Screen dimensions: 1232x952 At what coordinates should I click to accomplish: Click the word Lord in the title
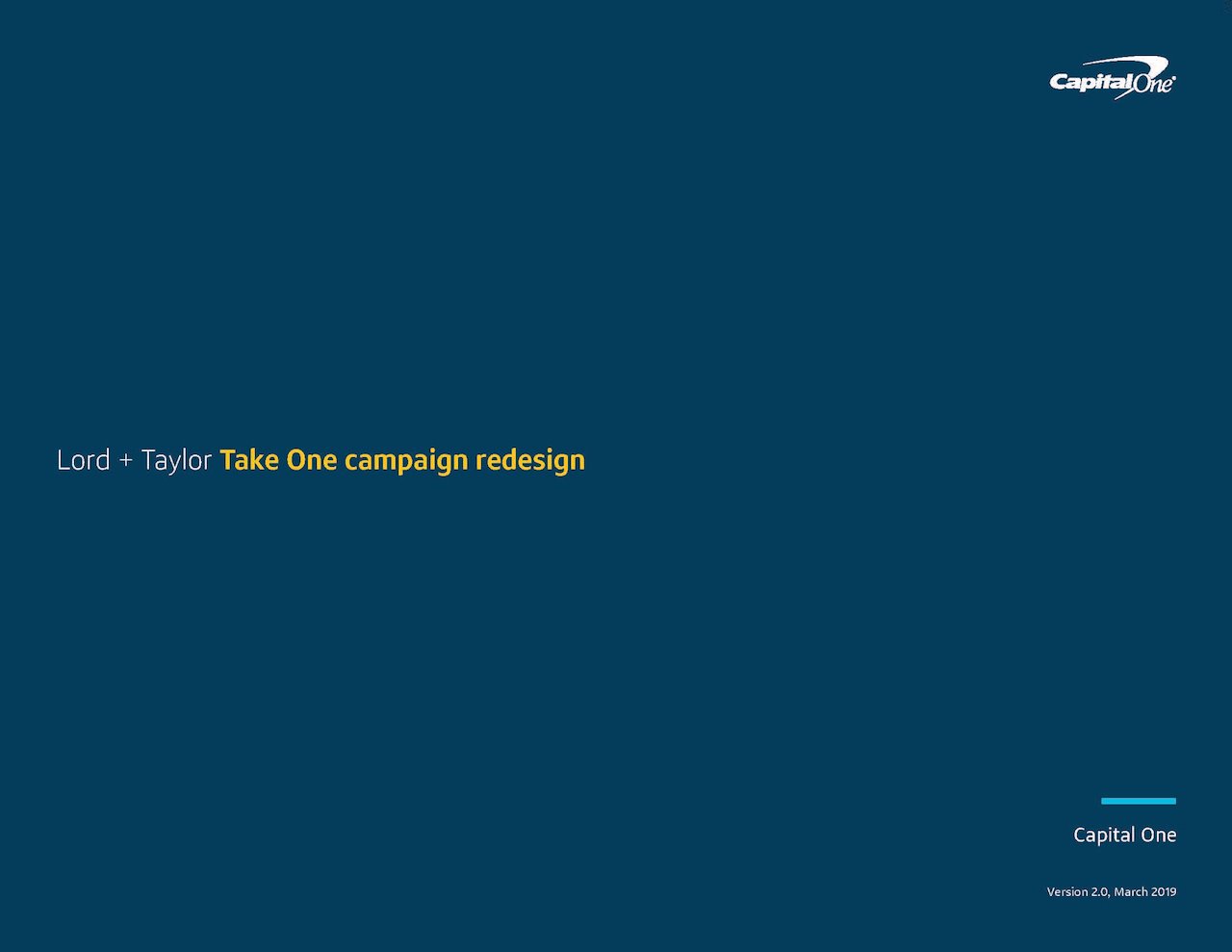84,460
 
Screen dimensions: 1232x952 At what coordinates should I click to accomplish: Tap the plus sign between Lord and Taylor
125,461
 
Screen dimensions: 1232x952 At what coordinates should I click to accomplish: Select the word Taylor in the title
176,461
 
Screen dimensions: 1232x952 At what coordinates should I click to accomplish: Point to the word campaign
406,462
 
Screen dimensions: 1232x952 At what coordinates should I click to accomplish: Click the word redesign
530,462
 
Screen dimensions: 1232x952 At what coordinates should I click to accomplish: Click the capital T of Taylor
148,460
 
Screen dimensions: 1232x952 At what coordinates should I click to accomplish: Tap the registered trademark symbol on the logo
1173,78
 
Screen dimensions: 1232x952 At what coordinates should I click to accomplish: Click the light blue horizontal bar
1139,801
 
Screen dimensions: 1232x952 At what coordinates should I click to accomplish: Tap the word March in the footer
1131,892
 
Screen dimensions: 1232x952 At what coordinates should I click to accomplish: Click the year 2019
1164,892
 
